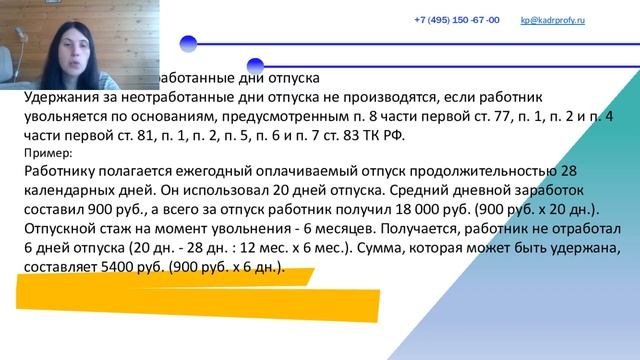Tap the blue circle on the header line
click(x=187, y=43)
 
